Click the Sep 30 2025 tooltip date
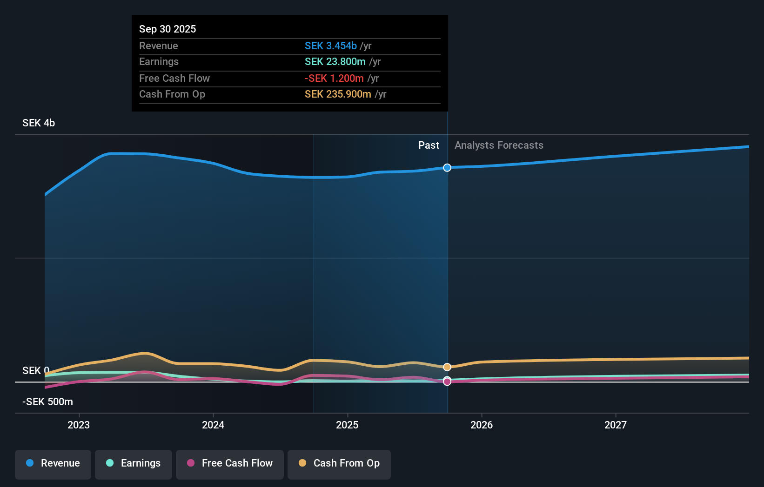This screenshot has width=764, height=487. click(x=168, y=29)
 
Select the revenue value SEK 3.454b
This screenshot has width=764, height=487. click(x=330, y=46)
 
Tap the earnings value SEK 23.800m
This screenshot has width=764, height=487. click(x=335, y=61)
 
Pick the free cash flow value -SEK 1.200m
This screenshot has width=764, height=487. click(x=334, y=78)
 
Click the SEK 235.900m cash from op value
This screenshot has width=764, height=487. click(x=338, y=94)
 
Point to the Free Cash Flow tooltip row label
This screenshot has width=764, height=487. click(x=174, y=78)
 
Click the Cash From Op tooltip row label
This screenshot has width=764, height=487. click(x=172, y=94)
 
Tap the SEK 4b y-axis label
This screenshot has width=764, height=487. click(x=39, y=123)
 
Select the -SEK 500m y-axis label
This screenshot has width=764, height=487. click(x=47, y=401)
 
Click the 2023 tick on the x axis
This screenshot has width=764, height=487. click(x=79, y=425)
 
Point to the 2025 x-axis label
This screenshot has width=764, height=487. click(x=347, y=425)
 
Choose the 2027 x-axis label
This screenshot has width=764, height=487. click(x=615, y=425)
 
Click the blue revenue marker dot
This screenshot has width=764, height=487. click(x=447, y=168)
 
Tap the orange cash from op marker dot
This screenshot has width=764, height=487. click(x=447, y=367)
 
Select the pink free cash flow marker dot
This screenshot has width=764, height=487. click(x=447, y=382)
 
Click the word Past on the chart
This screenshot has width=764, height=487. click(x=429, y=145)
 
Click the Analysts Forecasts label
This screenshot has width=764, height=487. click(x=499, y=145)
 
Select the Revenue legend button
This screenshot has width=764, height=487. click(x=53, y=464)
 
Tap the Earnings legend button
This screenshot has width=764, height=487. click(x=134, y=464)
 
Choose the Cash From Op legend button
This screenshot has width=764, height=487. click(x=339, y=464)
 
